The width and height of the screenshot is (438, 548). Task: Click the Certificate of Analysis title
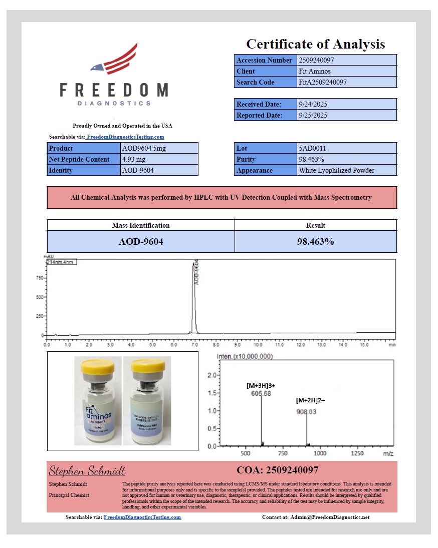click(x=315, y=44)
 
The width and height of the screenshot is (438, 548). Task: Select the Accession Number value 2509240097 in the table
click(x=316, y=60)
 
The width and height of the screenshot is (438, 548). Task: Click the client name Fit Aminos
click(x=315, y=71)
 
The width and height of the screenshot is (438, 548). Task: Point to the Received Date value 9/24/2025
click(x=313, y=104)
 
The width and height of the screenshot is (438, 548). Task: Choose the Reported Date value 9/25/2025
click(x=313, y=115)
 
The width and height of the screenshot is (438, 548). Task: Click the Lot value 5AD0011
click(x=313, y=148)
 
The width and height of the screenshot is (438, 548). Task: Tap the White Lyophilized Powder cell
click(x=336, y=170)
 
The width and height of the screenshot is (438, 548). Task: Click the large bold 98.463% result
click(x=315, y=241)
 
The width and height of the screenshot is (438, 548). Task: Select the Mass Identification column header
click(x=141, y=225)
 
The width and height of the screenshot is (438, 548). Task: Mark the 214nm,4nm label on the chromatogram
click(x=61, y=262)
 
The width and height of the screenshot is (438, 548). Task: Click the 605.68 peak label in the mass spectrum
click(x=261, y=394)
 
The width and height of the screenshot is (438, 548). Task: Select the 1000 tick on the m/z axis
click(x=320, y=453)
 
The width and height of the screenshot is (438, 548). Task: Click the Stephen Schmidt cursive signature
click(x=87, y=471)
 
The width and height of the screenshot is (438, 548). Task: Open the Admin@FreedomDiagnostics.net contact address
click(x=329, y=517)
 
